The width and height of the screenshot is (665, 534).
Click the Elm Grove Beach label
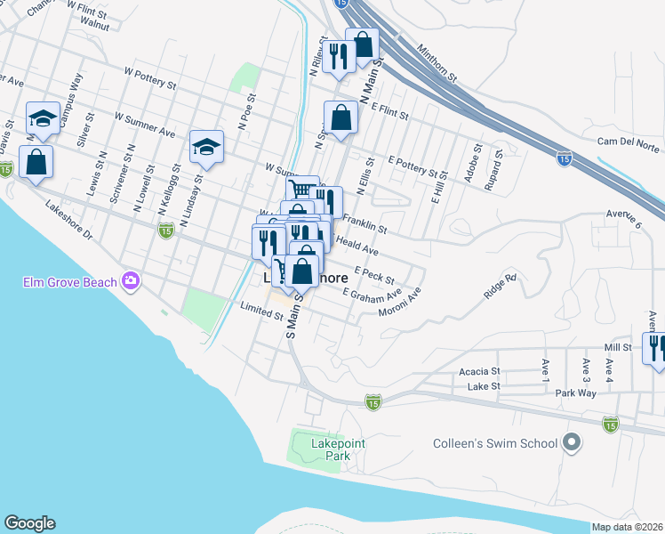pos(69,283)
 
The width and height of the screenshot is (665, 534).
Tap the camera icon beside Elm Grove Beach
pos(132,281)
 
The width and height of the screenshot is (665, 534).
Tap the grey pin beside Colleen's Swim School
pos(571,442)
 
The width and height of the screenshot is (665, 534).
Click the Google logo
pos(29,523)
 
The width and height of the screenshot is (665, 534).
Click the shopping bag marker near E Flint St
pos(341,116)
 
